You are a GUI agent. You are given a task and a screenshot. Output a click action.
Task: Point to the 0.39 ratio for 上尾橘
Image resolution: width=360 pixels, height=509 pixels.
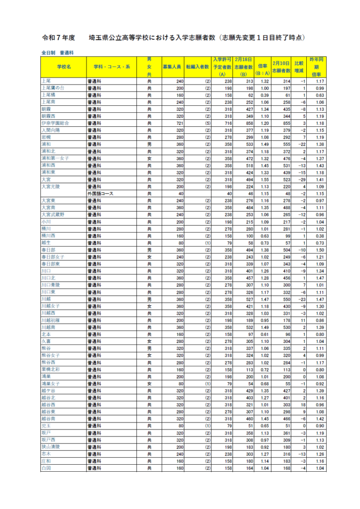265,94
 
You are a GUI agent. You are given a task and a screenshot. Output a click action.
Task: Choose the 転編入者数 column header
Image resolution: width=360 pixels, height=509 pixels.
198,67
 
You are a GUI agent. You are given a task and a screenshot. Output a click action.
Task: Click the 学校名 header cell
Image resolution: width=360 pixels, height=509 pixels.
64,67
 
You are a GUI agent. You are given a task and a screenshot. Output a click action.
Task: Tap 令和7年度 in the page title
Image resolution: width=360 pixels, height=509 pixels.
59,37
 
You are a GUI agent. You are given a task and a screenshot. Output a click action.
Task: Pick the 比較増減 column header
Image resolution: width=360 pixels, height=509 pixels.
299,67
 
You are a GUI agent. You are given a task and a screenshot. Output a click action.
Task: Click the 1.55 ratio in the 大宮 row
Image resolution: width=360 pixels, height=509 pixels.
265,179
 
